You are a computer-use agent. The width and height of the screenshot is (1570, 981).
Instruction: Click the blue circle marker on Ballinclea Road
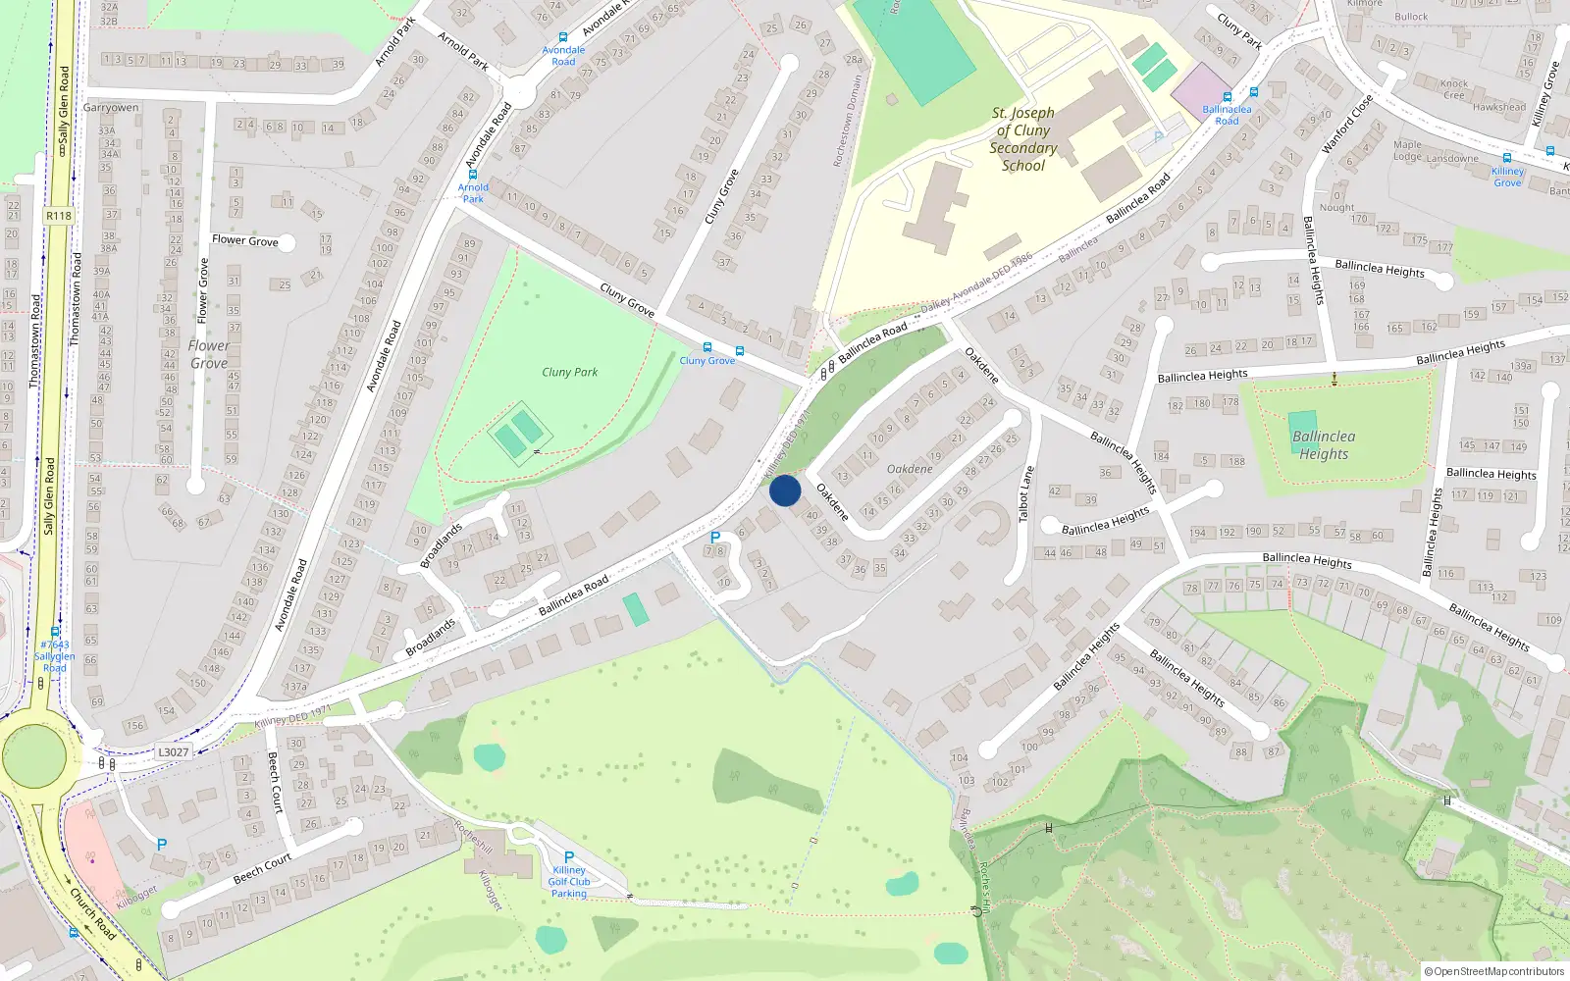(x=785, y=490)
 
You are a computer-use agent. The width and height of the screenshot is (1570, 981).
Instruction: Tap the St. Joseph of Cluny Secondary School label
(x=1022, y=139)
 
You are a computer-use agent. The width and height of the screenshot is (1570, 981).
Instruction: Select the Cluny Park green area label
(x=569, y=372)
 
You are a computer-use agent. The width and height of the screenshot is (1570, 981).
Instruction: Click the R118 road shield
(x=59, y=216)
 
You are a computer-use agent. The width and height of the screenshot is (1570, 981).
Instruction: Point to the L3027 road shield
(x=173, y=752)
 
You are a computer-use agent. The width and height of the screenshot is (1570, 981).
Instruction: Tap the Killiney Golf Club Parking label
(x=569, y=881)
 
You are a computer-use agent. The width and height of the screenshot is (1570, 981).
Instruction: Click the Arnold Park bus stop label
(x=473, y=192)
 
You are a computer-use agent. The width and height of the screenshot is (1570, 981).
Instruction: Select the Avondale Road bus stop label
(x=563, y=55)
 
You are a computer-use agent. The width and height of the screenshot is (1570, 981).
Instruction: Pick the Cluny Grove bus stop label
(x=706, y=360)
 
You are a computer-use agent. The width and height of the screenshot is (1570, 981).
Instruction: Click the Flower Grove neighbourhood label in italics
(x=209, y=354)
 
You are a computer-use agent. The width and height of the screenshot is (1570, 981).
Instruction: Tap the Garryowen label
(x=111, y=108)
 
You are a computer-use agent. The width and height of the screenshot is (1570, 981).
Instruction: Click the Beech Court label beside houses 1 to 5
(x=276, y=782)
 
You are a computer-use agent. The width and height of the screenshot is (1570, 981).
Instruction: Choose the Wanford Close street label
(x=1347, y=125)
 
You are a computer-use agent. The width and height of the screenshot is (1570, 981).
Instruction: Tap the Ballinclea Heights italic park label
(x=1324, y=444)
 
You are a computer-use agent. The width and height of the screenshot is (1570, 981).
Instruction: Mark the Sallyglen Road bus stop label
(x=55, y=656)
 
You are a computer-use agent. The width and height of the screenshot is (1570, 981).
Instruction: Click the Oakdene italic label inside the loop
(x=910, y=469)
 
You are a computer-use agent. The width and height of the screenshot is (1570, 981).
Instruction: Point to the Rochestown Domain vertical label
(x=847, y=123)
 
